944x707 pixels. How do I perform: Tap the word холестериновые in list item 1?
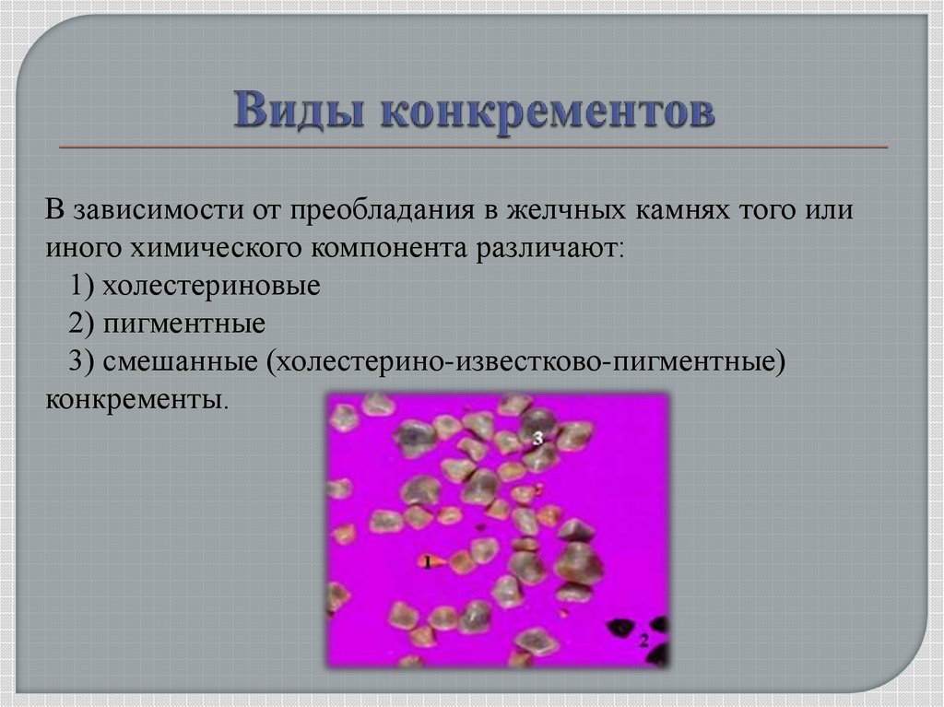pyautogui.click(x=211, y=286)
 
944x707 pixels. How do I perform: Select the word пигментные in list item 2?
pyautogui.click(x=184, y=324)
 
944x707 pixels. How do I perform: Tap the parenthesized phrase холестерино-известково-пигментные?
pyautogui.click(x=525, y=361)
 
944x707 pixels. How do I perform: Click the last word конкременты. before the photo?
pyautogui.click(x=136, y=399)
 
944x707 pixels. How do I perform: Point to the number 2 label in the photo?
pyautogui.click(x=644, y=639)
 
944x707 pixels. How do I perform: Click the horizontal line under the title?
pyautogui.click(x=473, y=147)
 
